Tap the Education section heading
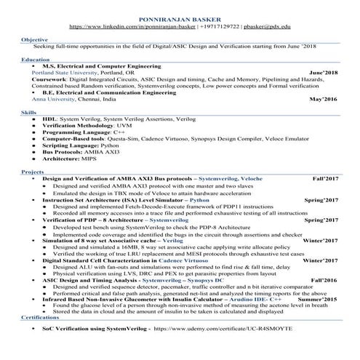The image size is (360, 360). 36,58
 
